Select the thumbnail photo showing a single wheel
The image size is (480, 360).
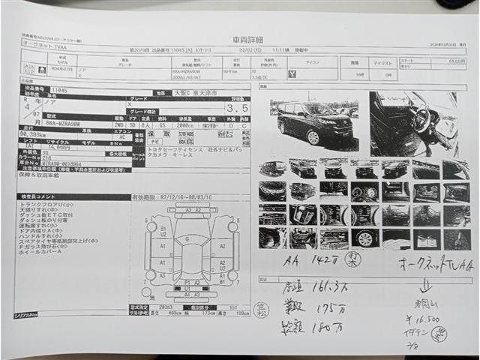pyautogui.click(x=364, y=239)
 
